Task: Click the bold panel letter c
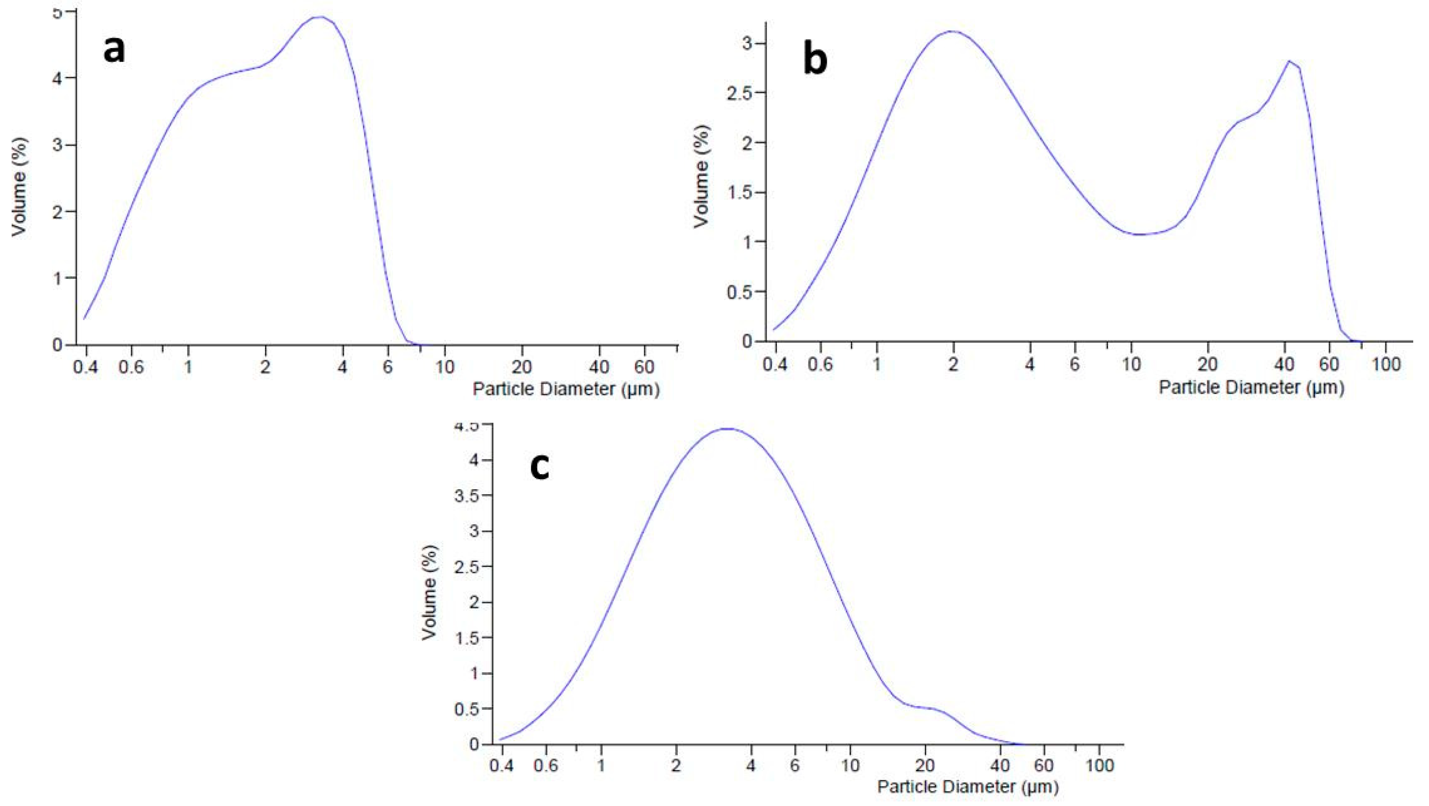point(540,467)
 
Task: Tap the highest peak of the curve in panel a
point(319,17)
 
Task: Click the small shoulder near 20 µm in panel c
point(927,708)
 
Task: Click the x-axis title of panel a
point(566,389)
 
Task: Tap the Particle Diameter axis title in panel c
point(968,786)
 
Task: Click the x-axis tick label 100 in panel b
point(1385,364)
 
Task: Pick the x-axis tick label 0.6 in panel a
point(131,367)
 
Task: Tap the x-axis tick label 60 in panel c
point(1044,766)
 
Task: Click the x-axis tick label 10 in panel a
point(444,367)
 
